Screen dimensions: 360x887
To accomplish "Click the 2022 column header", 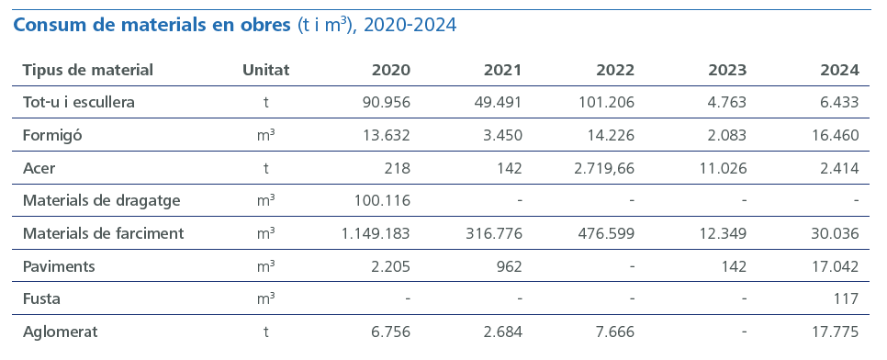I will (x=615, y=70).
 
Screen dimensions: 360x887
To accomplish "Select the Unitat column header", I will (x=265, y=70).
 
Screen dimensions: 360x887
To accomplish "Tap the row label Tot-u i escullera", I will (x=79, y=102).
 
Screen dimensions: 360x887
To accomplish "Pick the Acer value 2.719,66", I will (x=601, y=168).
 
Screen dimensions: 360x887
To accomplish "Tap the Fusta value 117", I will (x=845, y=298).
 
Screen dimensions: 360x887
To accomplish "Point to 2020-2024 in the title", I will (x=410, y=25).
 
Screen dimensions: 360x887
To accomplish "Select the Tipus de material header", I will (x=87, y=70).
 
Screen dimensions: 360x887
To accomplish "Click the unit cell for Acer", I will (x=265, y=168).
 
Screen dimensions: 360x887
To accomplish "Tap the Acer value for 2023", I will (x=722, y=168).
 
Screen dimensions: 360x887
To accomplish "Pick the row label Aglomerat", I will (x=60, y=331).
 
